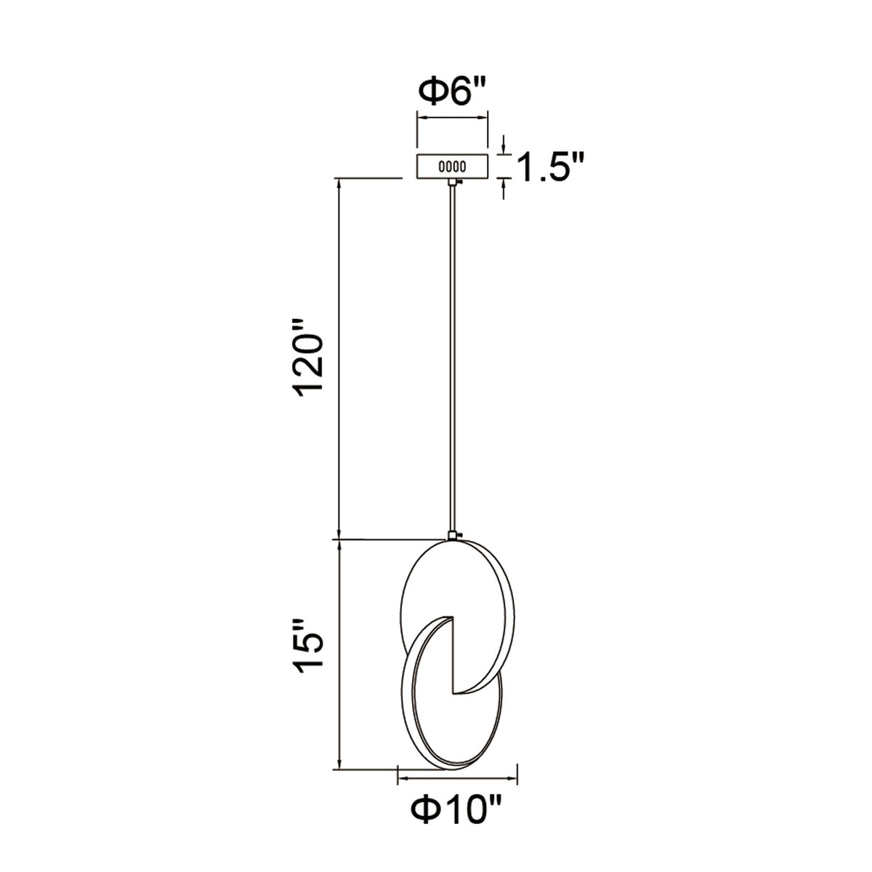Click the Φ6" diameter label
point(453,92)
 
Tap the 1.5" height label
point(550,166)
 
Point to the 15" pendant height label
point(309,649)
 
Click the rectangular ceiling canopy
point(452,166)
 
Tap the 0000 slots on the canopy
point(452,166)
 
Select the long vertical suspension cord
point(452,358)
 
